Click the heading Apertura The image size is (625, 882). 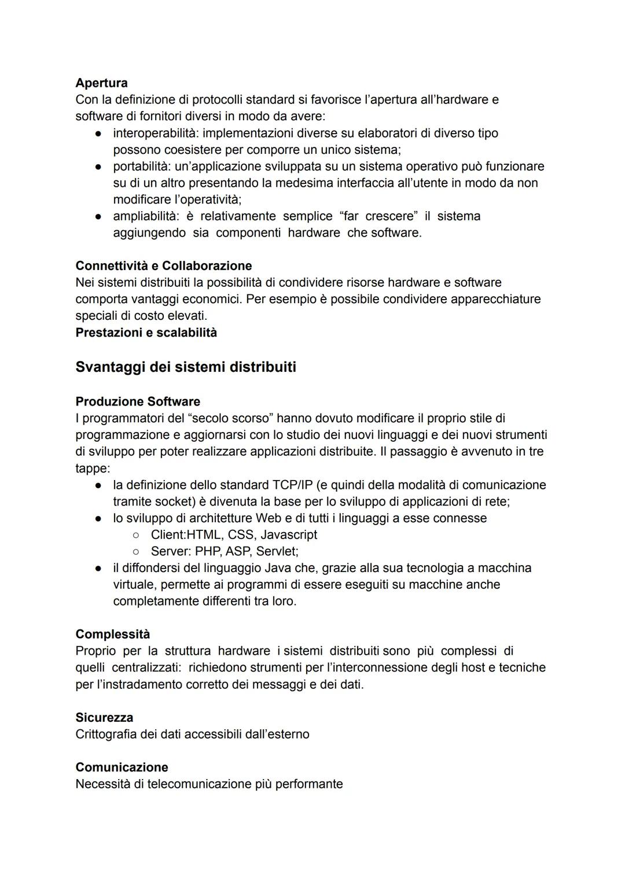click(x=101, y=83)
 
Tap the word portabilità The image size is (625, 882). click(x=142, y=167)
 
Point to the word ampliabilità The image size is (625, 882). click(x=145, y=216)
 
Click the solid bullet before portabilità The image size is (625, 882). click(x=100, y=167)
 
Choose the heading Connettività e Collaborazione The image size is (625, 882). click(x=163, y=266)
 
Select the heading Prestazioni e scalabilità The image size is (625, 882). click(x=146, y=333)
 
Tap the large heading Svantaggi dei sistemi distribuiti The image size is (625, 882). click(x=185, y=367)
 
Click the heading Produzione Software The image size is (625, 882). click(x=138, y=401)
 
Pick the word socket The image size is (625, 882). click(x=166, y=501)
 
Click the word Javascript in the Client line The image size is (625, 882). click(x=289, y=534)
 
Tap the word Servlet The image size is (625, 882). click(x=277, y=551)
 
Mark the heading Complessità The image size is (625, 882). click(x=112, y=634)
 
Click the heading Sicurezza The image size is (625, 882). click(x=104, y=718)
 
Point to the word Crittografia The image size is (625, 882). click(x=106, y=735)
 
